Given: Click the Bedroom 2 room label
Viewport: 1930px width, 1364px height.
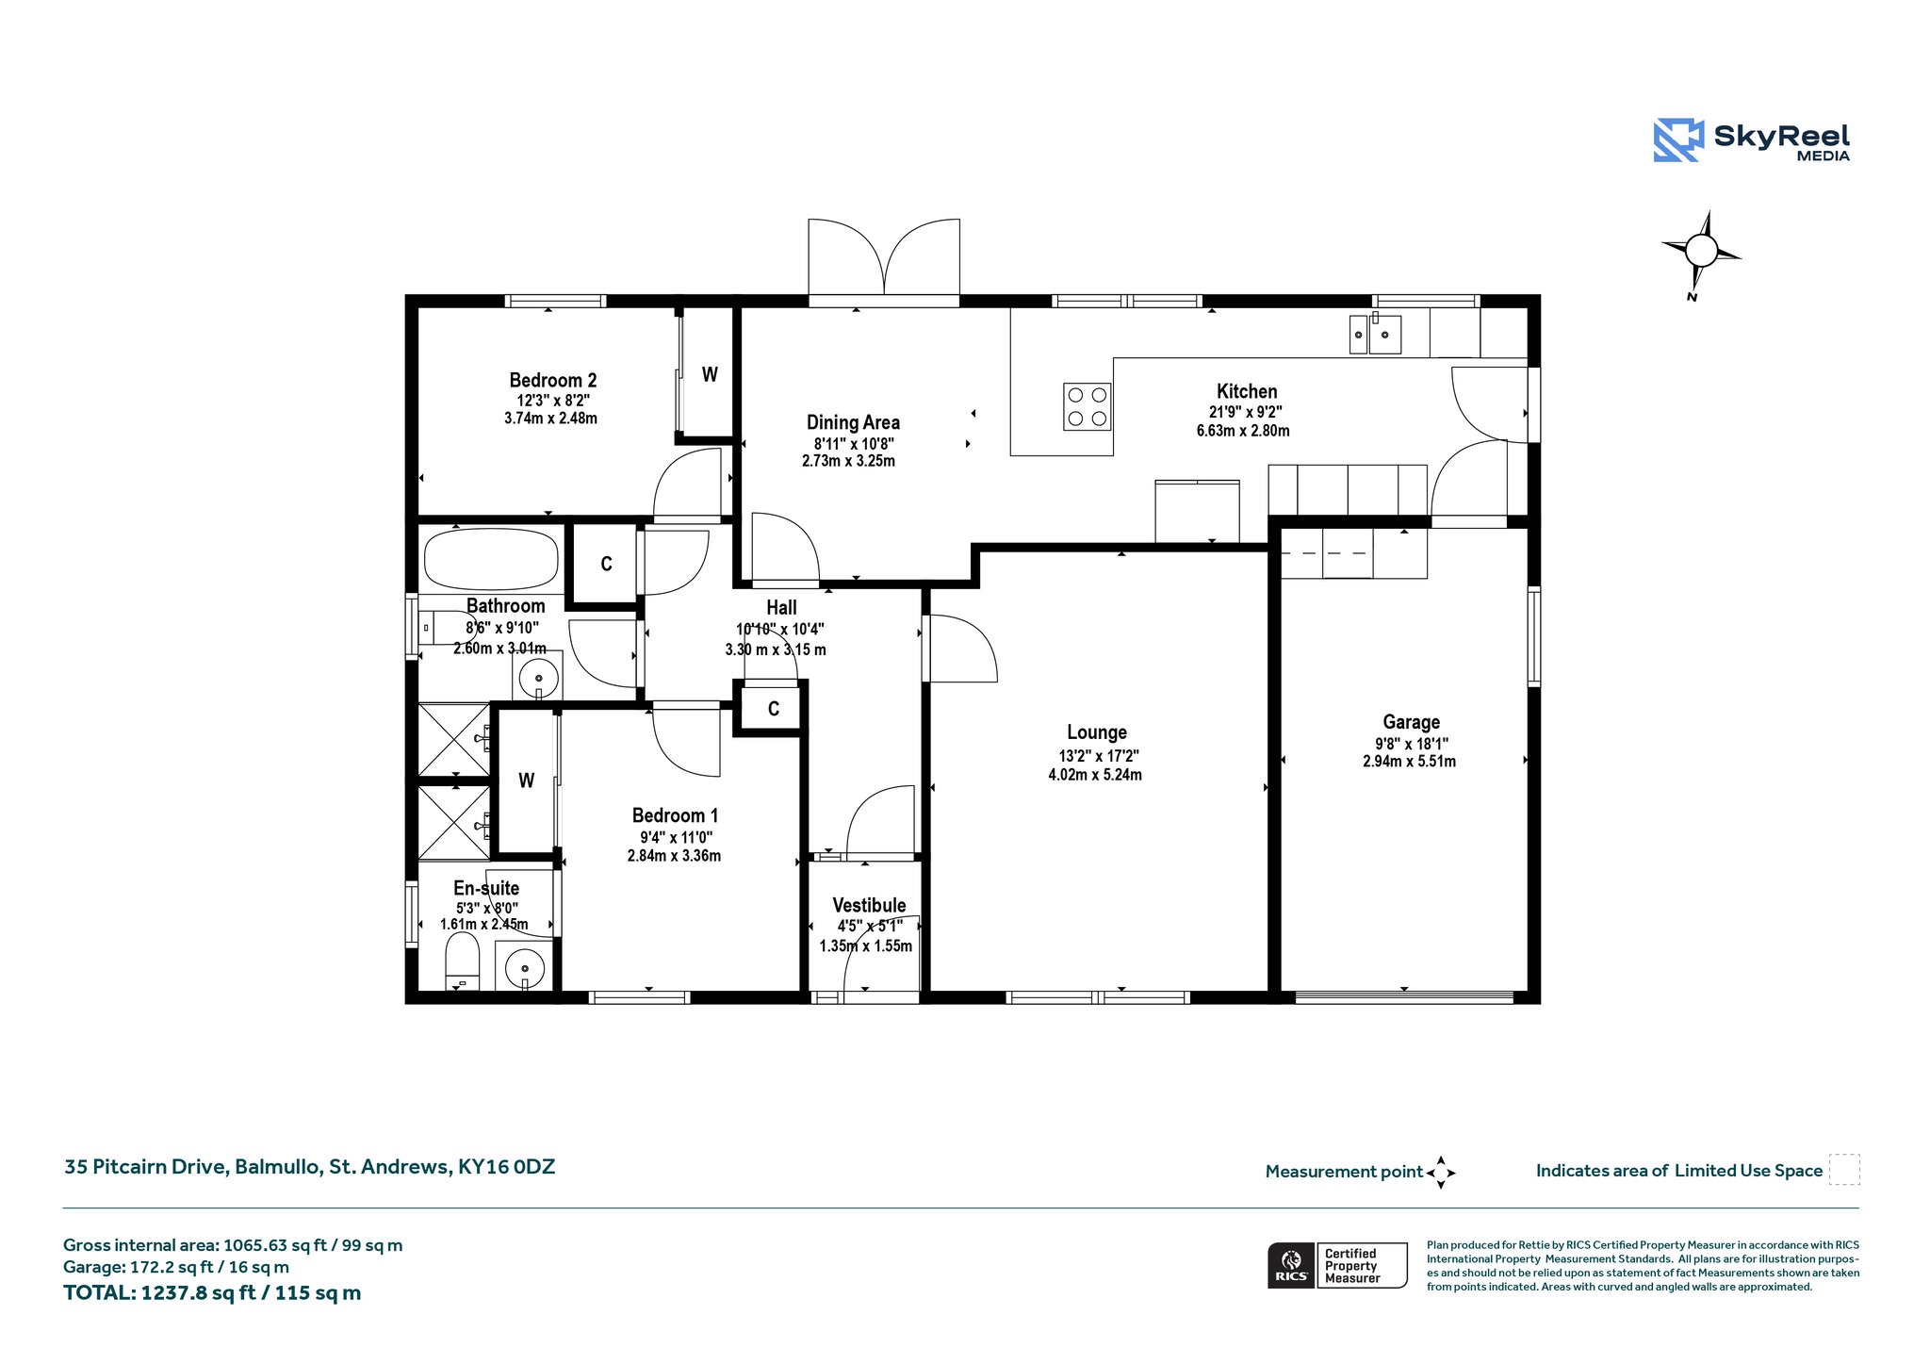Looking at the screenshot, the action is tap(552, 380).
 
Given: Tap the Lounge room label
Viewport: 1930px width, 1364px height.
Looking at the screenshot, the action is tap(1097, 732).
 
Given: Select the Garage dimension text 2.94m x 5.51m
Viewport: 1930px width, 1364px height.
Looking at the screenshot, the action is tap(1409, 762).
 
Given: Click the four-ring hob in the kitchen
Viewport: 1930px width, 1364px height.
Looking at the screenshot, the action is tap(1087, 406).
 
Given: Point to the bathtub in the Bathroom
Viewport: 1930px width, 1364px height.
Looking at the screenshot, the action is tap(491, 559).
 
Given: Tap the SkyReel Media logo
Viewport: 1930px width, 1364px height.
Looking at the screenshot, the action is tap(1752, 140).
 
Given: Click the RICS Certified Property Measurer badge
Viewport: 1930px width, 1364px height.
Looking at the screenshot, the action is tap(1337, 1265).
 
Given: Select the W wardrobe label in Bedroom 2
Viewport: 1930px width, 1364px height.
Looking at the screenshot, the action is tap(710, 374).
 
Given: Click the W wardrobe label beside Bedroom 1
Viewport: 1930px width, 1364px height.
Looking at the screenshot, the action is tap(526, 781).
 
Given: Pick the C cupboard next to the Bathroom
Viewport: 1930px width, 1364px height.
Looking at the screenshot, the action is tap(606, 564).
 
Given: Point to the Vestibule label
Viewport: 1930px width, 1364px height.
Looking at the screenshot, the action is tap(869, 905).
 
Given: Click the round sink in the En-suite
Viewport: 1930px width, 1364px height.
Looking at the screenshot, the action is tap(524, 967).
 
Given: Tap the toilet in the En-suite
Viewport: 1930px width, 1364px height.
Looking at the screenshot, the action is tap(462, 961).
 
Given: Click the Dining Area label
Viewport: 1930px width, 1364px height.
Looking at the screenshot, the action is tap(853, 422).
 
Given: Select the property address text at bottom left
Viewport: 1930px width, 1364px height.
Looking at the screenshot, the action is tap(309, 1167).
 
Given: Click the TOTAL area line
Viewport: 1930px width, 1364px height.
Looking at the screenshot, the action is tap(212, 1293).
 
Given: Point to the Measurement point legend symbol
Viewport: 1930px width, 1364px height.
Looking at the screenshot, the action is tap(1441, 1173).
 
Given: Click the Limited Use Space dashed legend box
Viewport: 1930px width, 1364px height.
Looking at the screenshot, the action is tap(1844, 1169).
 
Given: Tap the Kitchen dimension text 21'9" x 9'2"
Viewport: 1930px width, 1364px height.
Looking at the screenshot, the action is tap(1246, 412).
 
